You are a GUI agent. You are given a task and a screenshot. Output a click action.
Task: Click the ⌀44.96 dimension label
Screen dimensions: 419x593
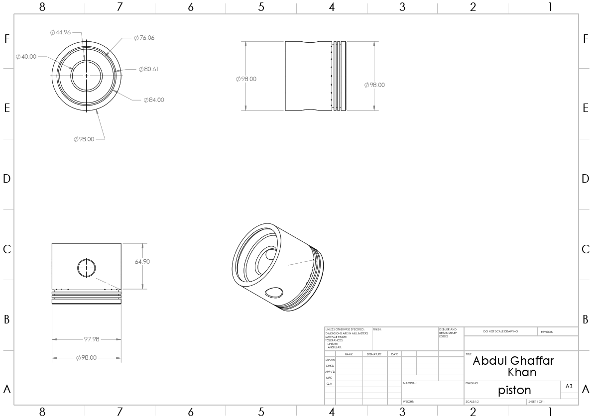click(60, 32)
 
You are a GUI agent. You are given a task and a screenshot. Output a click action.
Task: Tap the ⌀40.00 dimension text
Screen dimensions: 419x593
click(26, 57)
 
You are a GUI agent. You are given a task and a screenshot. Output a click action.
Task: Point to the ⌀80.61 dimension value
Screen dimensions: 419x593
click(148, 69)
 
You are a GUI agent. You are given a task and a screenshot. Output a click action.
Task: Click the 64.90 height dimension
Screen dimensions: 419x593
click(142, 262)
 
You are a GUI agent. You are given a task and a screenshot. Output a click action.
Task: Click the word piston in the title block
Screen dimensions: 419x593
click(514, 390)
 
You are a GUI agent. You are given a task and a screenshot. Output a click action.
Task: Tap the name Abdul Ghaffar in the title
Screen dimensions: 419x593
click(513, 361)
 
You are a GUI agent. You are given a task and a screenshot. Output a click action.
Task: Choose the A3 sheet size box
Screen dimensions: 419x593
click(569, 386)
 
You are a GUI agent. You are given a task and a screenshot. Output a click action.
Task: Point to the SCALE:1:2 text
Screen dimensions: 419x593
click(472, 401)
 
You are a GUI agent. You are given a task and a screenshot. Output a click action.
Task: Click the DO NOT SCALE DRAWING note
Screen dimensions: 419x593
click(500, 331)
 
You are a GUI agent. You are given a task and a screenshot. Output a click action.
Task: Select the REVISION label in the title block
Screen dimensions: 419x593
click(547, 331)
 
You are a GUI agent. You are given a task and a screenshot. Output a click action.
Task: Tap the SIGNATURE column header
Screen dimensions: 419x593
click(374, 354)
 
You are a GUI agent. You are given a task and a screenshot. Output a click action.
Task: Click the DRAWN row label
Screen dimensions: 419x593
click(330, 360)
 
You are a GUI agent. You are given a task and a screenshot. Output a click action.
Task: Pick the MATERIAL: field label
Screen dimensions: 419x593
click(410, 383)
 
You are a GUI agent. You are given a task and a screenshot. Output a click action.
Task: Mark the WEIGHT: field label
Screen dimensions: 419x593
click(408, 401)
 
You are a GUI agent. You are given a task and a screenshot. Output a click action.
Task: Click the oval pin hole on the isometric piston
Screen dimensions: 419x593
click(274, 292)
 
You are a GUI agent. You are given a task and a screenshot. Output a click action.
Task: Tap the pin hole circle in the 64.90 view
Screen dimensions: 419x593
click(87, 268)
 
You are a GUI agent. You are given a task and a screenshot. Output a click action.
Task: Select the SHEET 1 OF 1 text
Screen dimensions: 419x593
click(536, 401)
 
